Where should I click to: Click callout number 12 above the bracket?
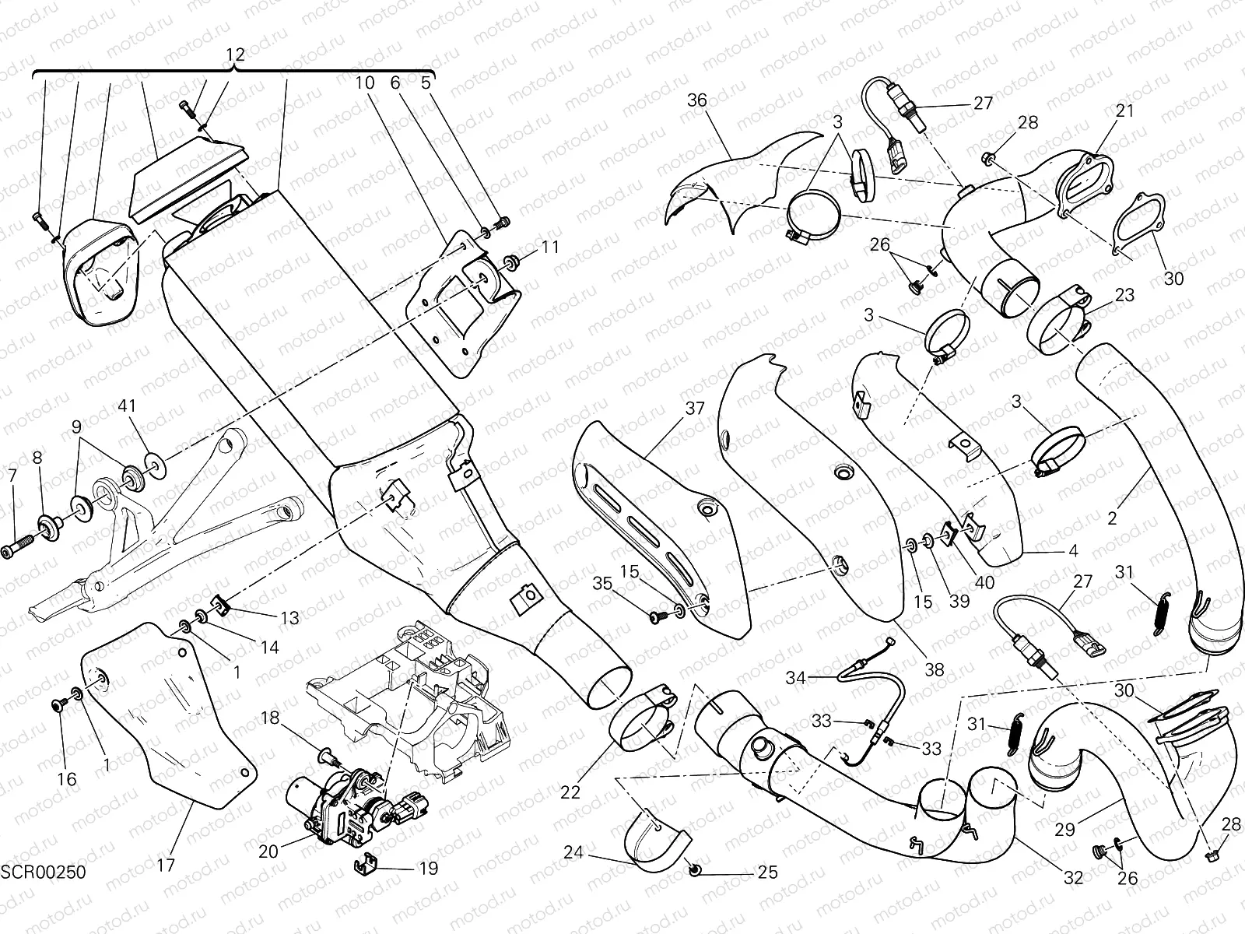[235, 54]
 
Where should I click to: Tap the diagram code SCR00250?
[43, 872]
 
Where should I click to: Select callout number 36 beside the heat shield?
[697, 100]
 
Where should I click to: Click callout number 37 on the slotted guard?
[695, 408]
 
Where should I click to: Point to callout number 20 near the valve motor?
[268, 851]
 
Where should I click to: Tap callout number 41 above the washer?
[128, 406]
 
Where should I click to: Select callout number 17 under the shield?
[166, 864]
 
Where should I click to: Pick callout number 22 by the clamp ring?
[570, 792]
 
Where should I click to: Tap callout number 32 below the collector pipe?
[1074, 879]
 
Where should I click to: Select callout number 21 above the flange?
[1125, 111]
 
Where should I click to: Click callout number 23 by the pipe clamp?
[1124, 296]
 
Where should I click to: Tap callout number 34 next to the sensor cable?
[795, 679]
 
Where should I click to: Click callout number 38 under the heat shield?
[934, 669]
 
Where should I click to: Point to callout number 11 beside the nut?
[550, 248]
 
